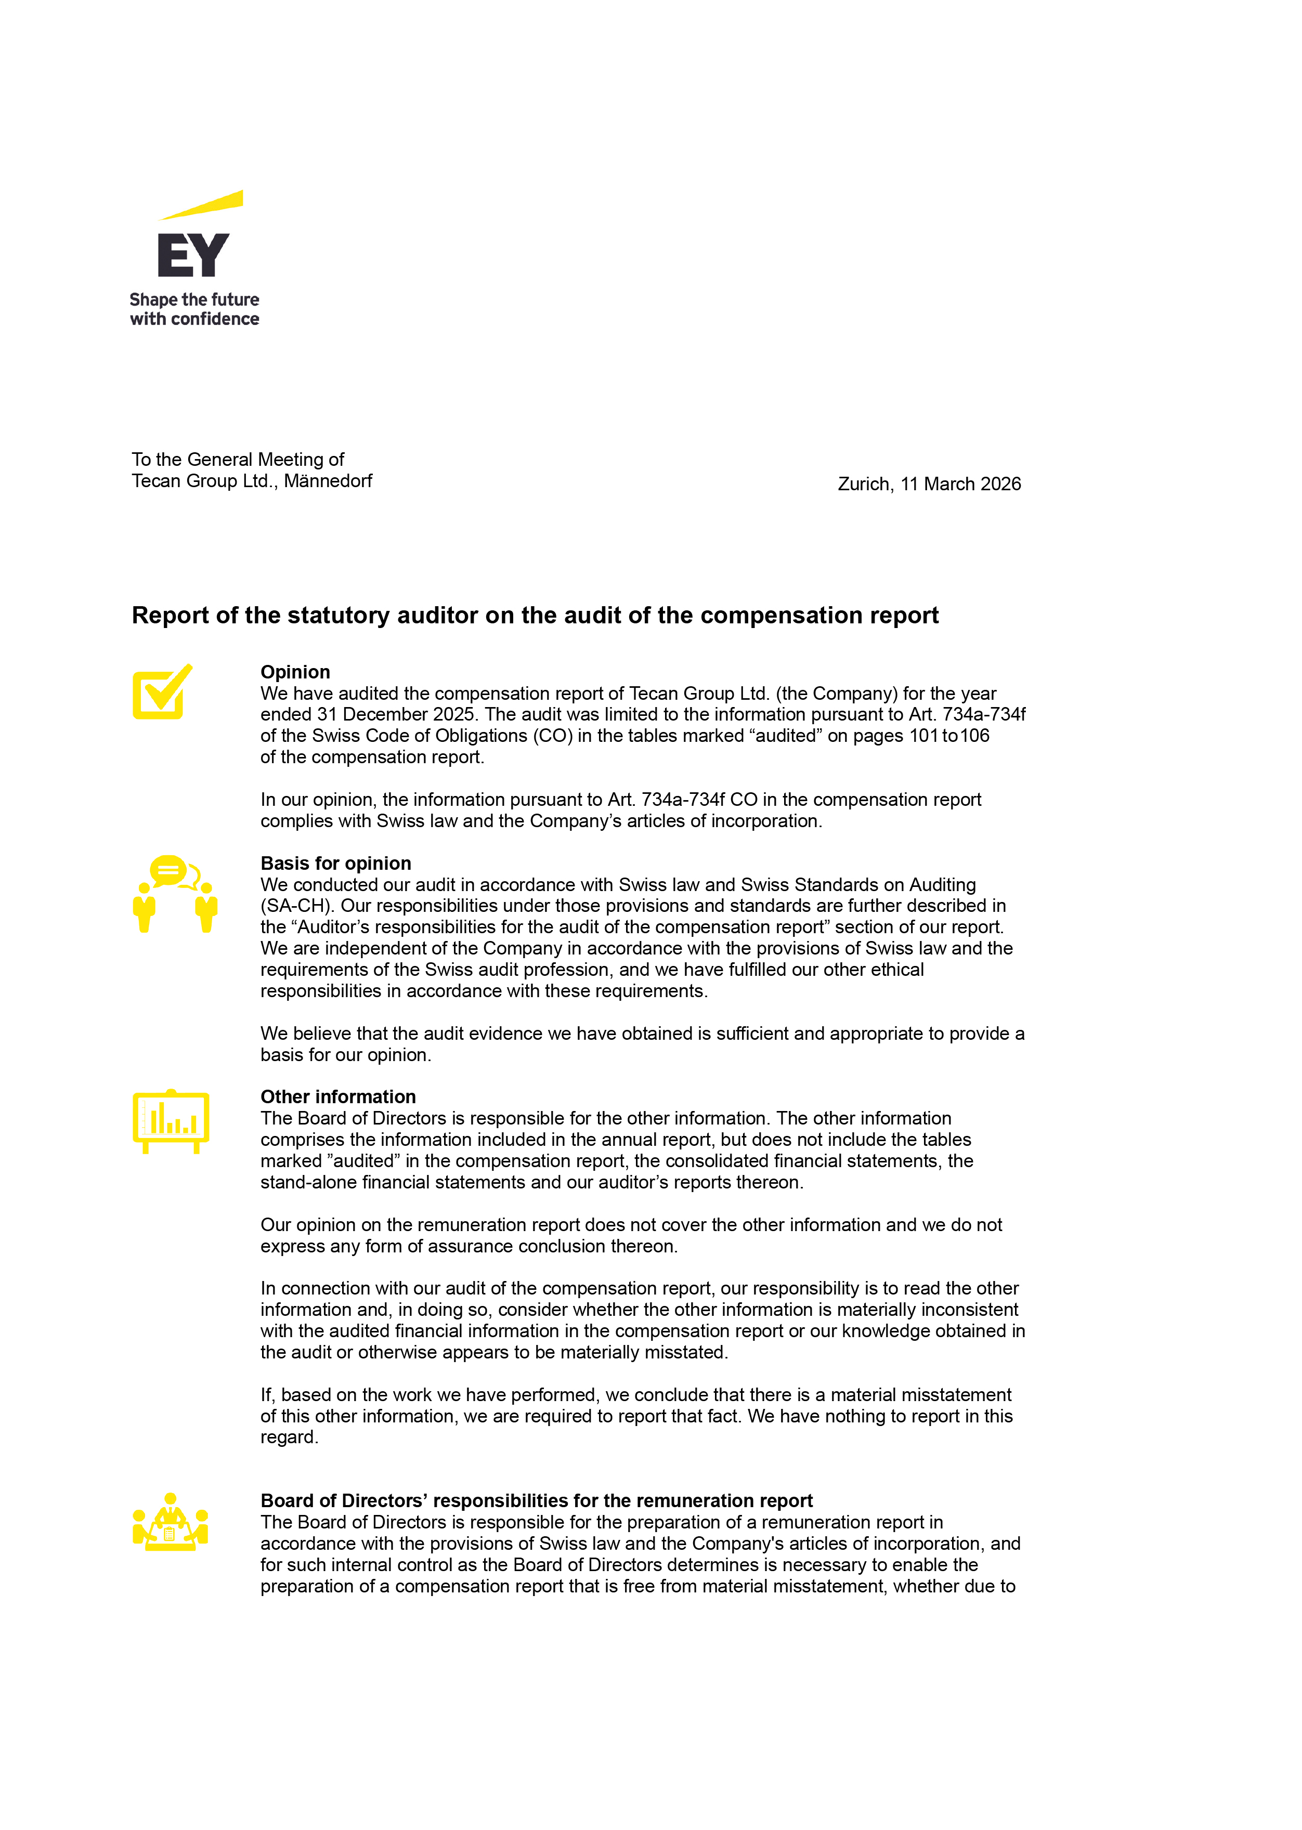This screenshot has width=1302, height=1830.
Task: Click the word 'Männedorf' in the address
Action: pyautogui.click(x=328, y=481)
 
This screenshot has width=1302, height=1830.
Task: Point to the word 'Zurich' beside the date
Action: pyautogui.click(x=864, y=484)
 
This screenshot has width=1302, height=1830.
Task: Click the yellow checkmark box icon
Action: pyautogui.click(x=162, y=692)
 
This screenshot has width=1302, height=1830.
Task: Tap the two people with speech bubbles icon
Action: pyautogui.click(x=175, y=894)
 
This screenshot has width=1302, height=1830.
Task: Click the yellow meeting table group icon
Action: pyautogui.click(x=170, y=1522)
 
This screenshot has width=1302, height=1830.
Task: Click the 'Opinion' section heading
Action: pyautogui.click(x=295, y=672)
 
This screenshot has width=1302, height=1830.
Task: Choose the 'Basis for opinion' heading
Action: pyautogui.click(x=335, y=864)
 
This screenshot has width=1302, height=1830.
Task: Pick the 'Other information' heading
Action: pyautogui.click(x=337, y=1096)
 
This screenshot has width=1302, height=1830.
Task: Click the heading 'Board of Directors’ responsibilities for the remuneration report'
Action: pyautogui.click(x=537, y=1500)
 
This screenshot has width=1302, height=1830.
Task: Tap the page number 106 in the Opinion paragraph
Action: pyautogui.click(x=975, y=736)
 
